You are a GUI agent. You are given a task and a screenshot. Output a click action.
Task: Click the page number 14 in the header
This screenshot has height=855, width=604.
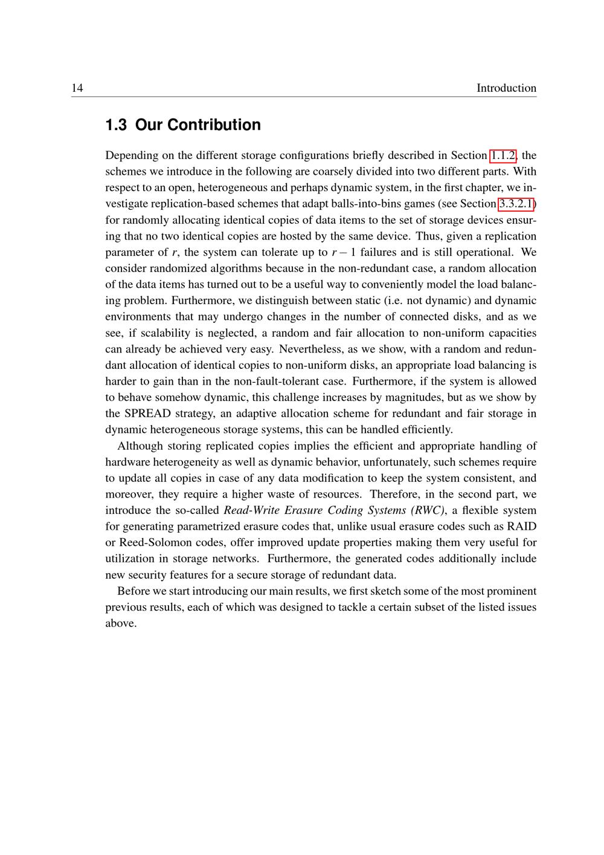(x=77, y=88)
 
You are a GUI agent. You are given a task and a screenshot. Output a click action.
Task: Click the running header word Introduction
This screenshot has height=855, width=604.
(x=506, y=88)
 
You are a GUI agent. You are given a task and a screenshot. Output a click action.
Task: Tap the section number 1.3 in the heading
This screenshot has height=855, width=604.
(x=116, y=125)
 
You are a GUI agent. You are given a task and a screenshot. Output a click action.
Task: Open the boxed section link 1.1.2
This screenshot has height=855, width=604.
(x=503, y=155)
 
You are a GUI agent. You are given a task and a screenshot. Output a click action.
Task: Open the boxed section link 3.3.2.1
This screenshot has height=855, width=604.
(x=516, y=204)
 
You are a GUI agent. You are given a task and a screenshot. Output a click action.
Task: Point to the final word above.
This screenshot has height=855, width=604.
(x=121, y=623)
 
